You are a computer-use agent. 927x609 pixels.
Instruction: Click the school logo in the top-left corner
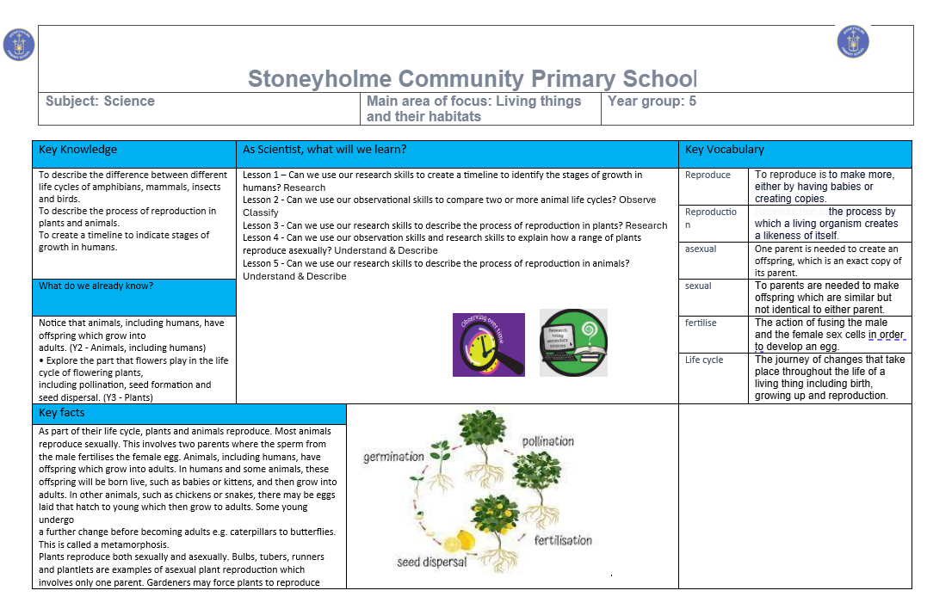pyautogui.click(x=19, y=45)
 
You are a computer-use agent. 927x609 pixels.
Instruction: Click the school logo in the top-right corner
pyautogui.click(x=852, y=41)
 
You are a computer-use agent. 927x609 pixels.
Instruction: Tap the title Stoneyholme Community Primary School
pyautogui.click(x=473, y=79)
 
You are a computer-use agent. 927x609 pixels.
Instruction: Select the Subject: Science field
pyautogui.click(x=101, y=101)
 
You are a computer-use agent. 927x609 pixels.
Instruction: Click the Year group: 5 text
pyautogui.click(x=652, y=101)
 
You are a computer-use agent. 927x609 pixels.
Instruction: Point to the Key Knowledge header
pyautogui.click(x=77, y=150)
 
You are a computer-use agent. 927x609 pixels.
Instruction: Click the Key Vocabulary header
pyautogui.click(x=724, y=150)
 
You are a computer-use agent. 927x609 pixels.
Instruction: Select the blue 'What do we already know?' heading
pyautogui.click(x=96, y=286)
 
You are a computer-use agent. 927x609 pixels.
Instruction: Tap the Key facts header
pyautogui.click(x=62, y=413)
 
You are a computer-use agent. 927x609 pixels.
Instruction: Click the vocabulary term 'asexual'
pyautogui.click(x=701, y=249)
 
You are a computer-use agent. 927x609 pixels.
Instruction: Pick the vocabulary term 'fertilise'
pyautogui.click(x=701, y=323)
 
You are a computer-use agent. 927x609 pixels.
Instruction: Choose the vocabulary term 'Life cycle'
pyautogui.click(x=704, y=360)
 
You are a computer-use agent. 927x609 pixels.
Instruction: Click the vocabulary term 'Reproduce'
pyautogui.click(x=708, y=175)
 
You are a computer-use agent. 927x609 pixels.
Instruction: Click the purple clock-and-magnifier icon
pyautogui.click(x=488, y=344)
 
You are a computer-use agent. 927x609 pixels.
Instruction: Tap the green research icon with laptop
pyautogui.click(x=572, y=342)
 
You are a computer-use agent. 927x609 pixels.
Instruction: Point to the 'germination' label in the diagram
pyautogui.click(x=393, y=457)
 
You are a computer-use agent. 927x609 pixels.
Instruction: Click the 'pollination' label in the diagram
pyautogui.click(x=548, y=441)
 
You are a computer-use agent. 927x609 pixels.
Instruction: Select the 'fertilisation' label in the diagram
pyautogui.click(x=563, y=540)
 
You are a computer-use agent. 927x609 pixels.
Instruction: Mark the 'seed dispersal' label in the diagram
pyautogui.click(x=431, y=562)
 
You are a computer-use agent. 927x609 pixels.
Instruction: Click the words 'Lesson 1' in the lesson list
pyautogui.click(x=262, y=175)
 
